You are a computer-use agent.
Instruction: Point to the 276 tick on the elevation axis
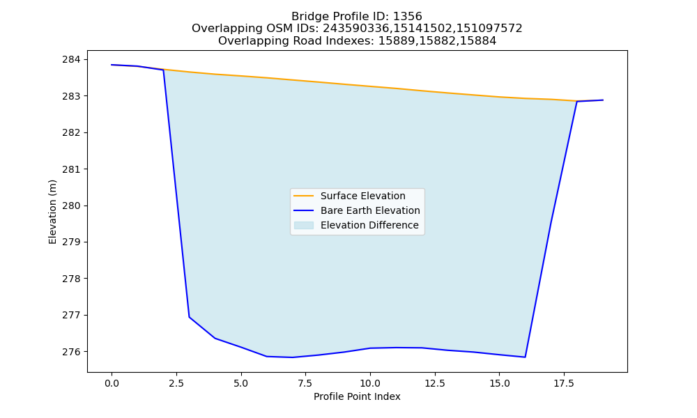click(x=86, y=351)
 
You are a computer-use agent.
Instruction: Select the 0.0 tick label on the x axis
click(x=112, y=383)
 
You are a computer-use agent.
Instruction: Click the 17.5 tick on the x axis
click(x=564, y=373)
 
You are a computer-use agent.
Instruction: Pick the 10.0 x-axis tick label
click(x=370, y=383)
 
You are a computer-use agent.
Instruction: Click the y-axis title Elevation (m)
click(x=53, y=212)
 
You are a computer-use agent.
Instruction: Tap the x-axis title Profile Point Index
click(x=357, y=396)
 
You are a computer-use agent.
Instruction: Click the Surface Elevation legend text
click(x=362, y=196)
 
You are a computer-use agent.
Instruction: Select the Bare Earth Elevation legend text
click(x=370, y=210)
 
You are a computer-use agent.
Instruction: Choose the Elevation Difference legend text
click(x=369, y=225)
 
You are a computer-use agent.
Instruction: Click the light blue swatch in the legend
click(x=304, y=225)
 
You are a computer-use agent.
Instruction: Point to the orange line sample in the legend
click(x=304, y=196)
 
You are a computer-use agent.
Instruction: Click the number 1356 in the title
click(x=408, y=17)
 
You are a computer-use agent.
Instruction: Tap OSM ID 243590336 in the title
click(x=357, y=29)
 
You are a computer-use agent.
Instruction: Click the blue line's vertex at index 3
click(x=190, y=317)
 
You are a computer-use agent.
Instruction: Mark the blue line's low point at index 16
click(x=525, y=357)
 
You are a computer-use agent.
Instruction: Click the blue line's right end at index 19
click(x=603, y=100)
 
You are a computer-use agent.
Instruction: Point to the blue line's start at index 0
click(x=112, y=65)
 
